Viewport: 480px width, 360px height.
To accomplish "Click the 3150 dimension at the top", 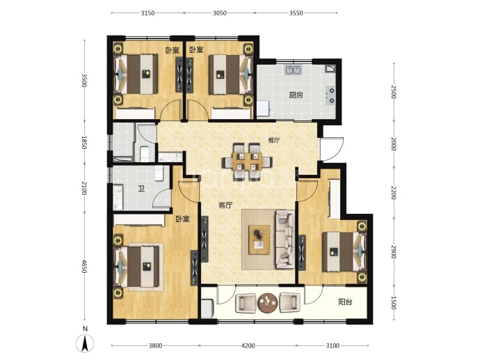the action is pos(148,13).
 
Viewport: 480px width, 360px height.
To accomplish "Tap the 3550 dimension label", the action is pos(296,13).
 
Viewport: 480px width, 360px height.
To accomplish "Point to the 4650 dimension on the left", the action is pos(84,267).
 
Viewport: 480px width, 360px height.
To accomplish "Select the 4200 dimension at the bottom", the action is pos(248,346).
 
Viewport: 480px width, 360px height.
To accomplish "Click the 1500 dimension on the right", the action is pos(394,303).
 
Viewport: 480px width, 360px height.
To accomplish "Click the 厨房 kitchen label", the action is pos(296,95).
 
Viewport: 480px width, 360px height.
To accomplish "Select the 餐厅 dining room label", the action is pos(273,141).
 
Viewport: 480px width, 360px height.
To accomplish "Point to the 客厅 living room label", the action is pos(225,205).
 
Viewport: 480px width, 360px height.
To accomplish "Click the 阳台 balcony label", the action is pos(345,302).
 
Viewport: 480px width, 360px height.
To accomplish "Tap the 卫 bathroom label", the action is pos(141,189).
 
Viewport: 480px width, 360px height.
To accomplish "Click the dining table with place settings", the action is pos(247,162).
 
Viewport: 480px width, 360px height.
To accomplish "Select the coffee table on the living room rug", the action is pos(259,240).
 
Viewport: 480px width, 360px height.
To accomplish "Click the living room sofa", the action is pos(285,239).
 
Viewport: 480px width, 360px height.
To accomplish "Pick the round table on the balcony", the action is pos(268,303).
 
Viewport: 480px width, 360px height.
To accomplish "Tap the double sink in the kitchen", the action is pos(294,70).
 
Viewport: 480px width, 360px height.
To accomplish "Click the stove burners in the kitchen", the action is pos(330,95).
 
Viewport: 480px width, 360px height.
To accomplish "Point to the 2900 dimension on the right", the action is pos(394,252).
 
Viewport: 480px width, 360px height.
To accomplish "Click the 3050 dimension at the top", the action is pos(220,13).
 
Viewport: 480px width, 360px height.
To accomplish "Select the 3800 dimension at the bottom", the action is pos(155,346).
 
